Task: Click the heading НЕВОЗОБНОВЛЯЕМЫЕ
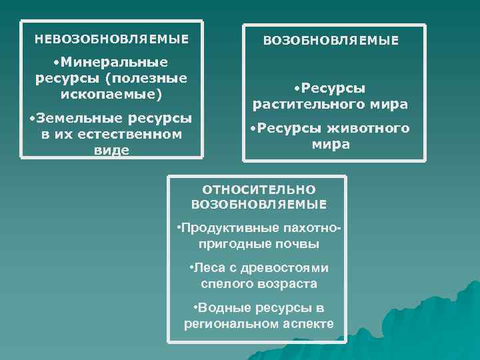(x=111, y=39)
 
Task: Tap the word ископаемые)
(x=111, y=93)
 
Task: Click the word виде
(x=111, y=150)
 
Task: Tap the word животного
(x=367, y=128)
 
